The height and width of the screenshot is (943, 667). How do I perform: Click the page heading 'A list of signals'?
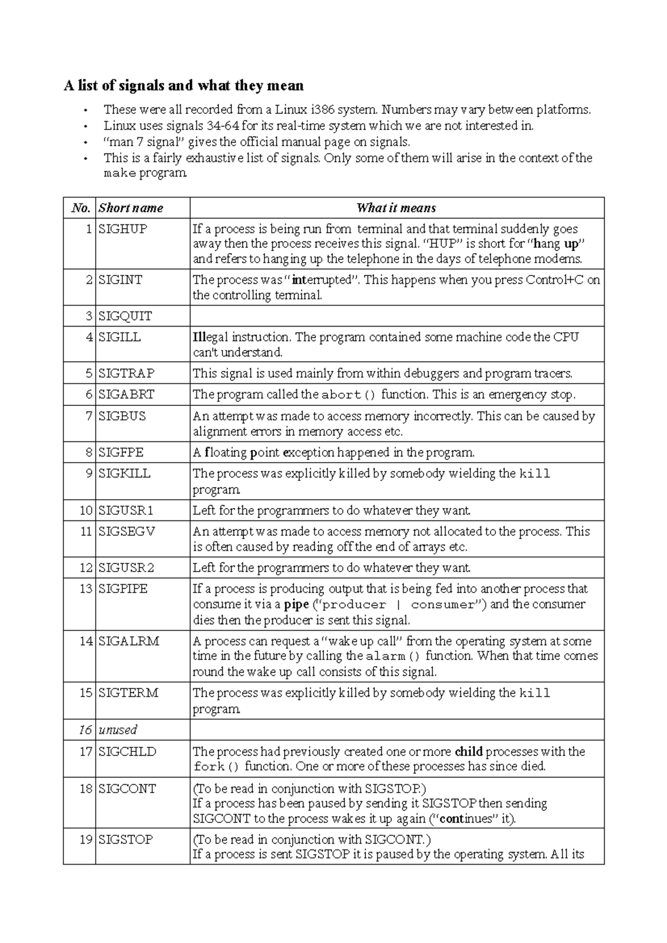183,86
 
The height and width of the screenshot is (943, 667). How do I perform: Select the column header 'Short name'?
131,208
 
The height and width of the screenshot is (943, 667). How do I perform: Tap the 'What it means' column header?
396,208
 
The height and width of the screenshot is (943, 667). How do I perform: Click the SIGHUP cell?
123,229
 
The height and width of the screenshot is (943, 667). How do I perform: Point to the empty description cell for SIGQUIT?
396,316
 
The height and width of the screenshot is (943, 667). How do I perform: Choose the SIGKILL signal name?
125,474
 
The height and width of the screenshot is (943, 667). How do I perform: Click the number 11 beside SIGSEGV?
86,531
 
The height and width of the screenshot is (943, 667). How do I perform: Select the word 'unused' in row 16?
117,730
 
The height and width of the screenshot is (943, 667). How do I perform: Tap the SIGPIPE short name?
123,589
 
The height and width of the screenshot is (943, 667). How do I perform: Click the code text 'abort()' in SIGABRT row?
349,395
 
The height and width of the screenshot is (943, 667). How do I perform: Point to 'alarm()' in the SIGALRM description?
393,656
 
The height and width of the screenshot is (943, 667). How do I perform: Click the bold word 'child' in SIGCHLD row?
468,752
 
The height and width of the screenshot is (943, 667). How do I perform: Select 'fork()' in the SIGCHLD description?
217,768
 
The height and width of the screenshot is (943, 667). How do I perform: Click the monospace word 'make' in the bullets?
120,174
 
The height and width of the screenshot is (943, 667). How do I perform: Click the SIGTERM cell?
128,693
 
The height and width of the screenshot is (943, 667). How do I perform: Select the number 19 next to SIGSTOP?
86,840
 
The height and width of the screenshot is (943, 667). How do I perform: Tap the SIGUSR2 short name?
126,568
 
